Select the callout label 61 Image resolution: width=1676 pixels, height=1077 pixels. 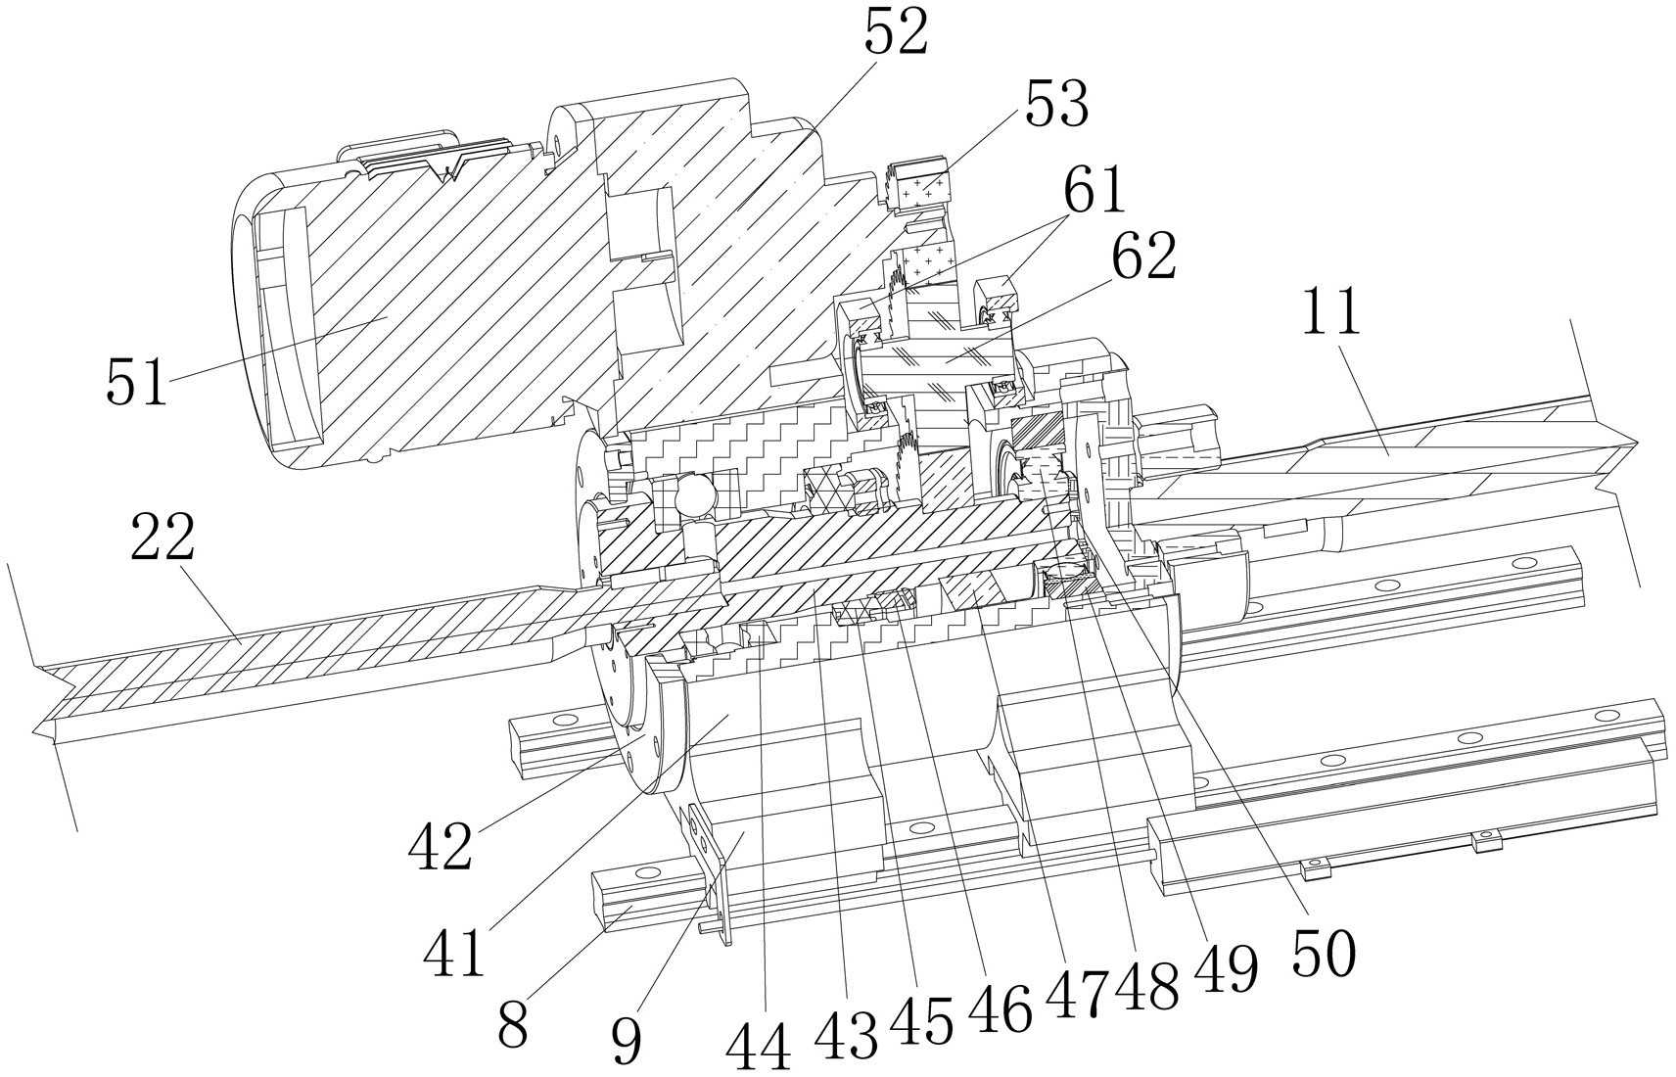coord(1094,190)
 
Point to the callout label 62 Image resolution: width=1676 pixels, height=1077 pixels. coord(1142,258)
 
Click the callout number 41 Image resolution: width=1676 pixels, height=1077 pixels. coord(454,950)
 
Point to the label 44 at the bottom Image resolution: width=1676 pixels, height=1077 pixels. coord(759,1049)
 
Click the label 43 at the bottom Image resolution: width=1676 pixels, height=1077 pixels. coord(848,1034)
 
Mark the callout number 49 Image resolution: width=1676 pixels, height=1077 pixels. coord(1225,970)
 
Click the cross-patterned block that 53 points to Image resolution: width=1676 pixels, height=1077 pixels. coord(920,183)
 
